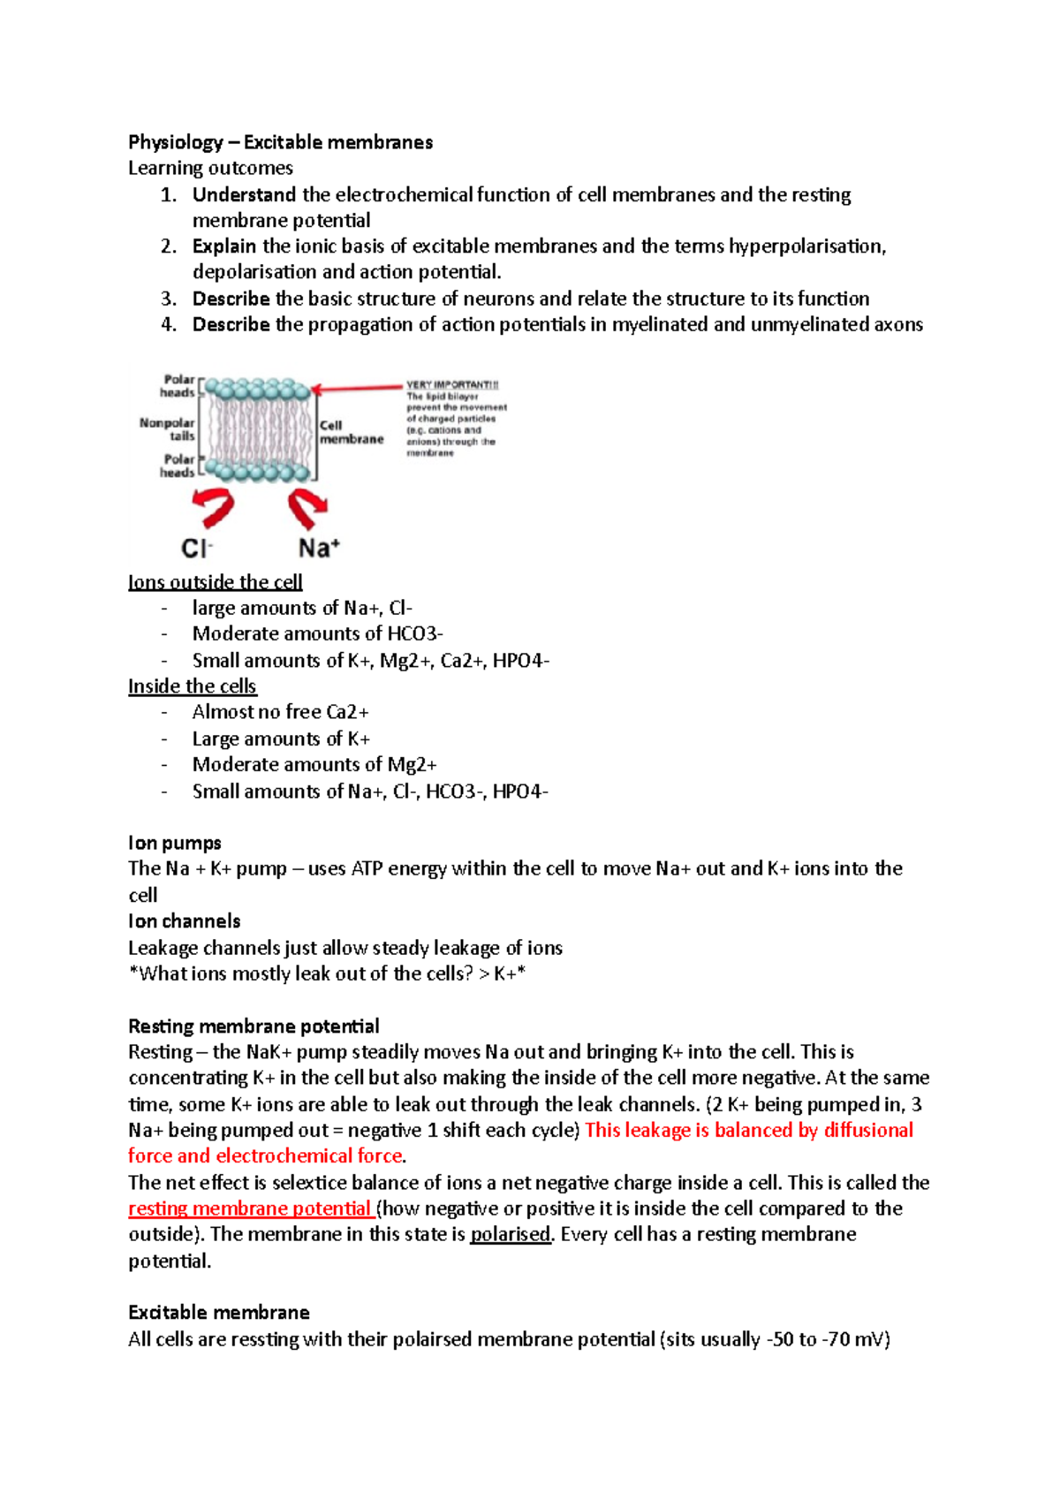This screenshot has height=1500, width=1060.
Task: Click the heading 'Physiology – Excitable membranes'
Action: pyautogui.click(x=280, y=142)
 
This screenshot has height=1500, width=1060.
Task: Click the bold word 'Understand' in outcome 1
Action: pyautogui.click(x=244, y=194)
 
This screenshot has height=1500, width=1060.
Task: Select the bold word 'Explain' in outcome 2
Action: pyautogui.click(x=224, y=246)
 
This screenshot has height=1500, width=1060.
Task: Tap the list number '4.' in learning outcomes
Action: pyautogui.click(x=169, y=324)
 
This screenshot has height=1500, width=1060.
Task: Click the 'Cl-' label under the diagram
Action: pyautogui.click(x=197, y=549)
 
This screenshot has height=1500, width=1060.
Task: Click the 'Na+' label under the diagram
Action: pyautogui.click(x=319, y=548)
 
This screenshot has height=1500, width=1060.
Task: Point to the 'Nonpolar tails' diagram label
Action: pyautogui.click(x=168, y=429)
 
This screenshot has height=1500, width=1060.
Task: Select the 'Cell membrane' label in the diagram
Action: pyautogui.click(x=351, y=432)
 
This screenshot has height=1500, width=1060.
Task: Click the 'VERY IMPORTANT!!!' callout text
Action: pyautogui.click(x=452, y=384)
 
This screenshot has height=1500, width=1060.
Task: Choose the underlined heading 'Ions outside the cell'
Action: pyautogui.click(x=215, y=582)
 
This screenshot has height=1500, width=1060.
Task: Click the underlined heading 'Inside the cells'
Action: pyautogui.click(x=192, y=686)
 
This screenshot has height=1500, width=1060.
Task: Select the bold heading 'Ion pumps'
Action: pyautogui.click(x=174, y=843)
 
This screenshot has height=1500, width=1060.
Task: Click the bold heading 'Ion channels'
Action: pyautogui.click(x=184, y=921)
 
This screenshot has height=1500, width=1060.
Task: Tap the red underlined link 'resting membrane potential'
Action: pyautogui.click(x=249, y=1208)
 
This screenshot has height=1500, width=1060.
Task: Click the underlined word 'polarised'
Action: pyautogui.click(x=510, y=1234)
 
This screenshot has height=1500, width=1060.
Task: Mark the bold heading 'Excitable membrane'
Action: pyautogui.click(x=218, y=1313)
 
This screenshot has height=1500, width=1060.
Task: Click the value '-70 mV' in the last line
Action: pyautogui.click(x=855, y=1339)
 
